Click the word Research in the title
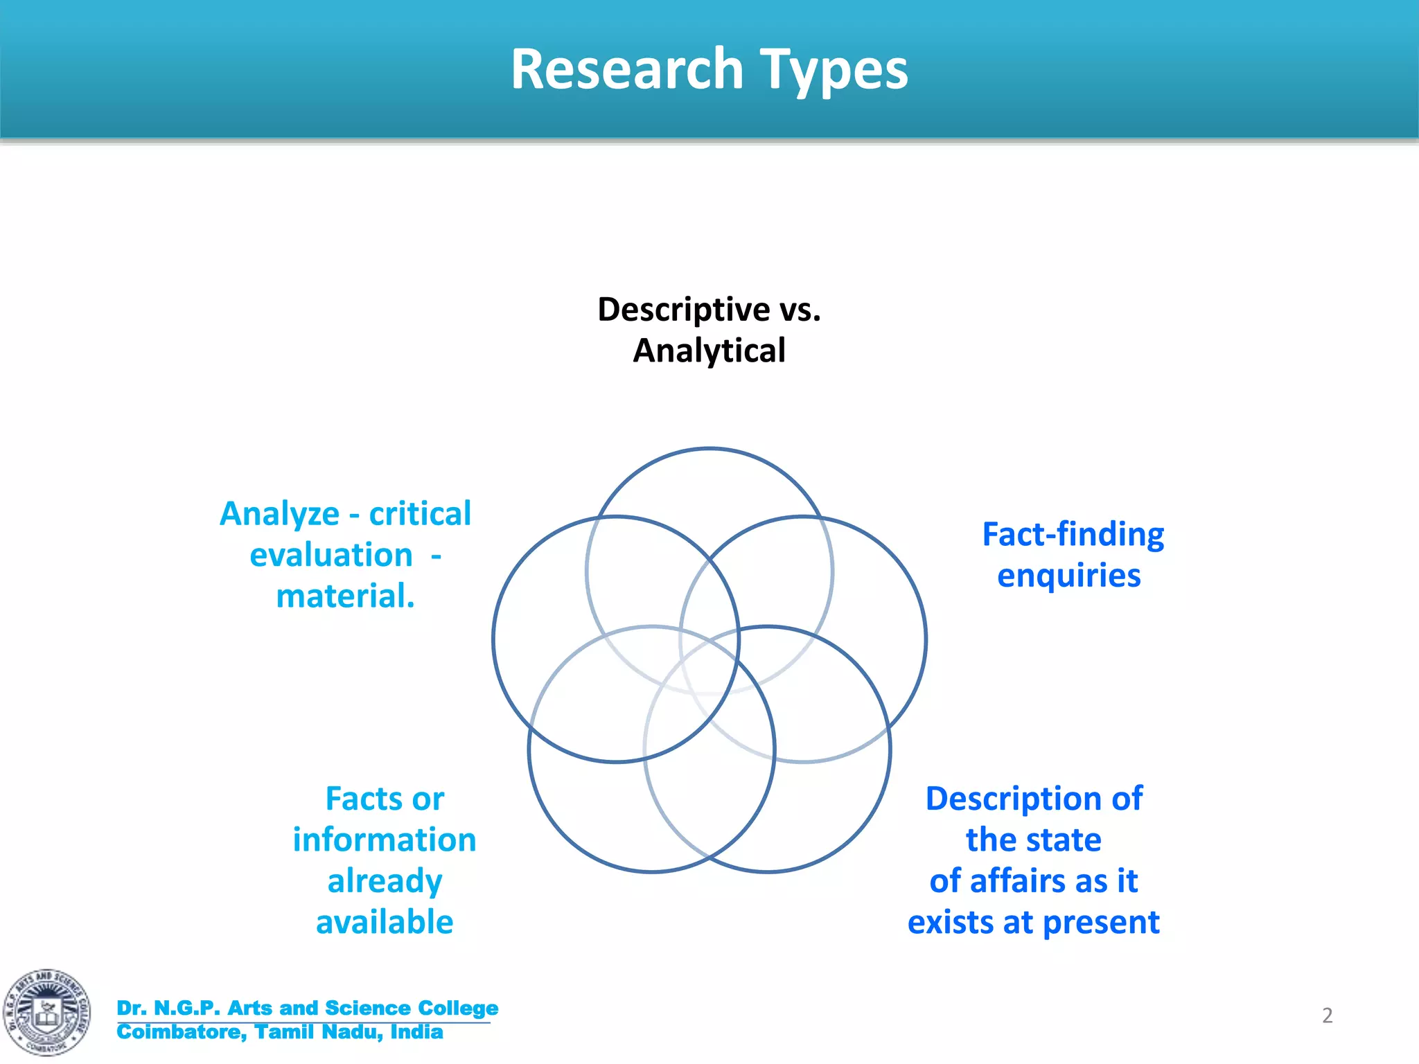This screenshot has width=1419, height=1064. click(627, 69)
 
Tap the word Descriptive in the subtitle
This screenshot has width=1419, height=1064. click(683, 310)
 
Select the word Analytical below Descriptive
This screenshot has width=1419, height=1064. click(709, 351)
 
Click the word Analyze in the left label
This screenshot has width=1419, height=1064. click(279, 515)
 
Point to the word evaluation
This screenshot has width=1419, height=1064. click(331, 555)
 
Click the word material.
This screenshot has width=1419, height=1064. click(345, 596)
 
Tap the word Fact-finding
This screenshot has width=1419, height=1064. click(1073, 535)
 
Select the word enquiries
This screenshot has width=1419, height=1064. click(1068, 576)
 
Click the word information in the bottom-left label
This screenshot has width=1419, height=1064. click(385, 840)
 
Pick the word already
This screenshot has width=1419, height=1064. click(385, 881)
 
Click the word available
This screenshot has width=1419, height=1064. click(385, 922)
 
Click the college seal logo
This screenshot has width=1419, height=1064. click(46, 1012)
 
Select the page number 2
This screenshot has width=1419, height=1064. click(1327, 1016)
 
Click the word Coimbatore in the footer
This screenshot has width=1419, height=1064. click(182, 1032)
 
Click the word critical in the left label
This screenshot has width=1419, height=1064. click(420, 514)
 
